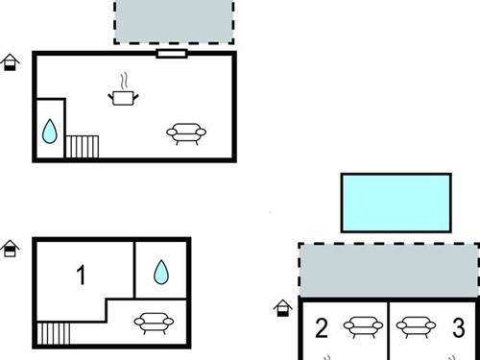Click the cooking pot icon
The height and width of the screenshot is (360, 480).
tap(123, 93)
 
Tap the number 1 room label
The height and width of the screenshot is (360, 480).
tap(82, 275)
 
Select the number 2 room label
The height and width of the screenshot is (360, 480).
tap(322, 328)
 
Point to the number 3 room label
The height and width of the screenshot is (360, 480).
tap(459, 327)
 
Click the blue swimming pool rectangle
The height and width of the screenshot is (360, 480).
tap(396, 203)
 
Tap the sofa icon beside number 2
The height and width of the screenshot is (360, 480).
tap(363, 327)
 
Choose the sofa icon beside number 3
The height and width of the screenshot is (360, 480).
tap(416, 327)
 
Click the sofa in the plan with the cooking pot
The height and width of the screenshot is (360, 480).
tap(186, 134)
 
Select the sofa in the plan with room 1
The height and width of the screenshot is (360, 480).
tap(154, 324)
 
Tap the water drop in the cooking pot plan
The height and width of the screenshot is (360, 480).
tap(50, 132)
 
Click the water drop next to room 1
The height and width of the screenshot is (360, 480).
tap(161, 273)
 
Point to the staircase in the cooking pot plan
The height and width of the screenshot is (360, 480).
tap(82, 147)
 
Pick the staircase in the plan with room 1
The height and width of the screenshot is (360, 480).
tap(54, 333)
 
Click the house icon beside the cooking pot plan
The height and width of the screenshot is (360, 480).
tap(10, 62)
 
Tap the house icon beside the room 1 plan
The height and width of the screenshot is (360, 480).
tap(10, 249)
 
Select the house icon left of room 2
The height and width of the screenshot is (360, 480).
tap(283, 308)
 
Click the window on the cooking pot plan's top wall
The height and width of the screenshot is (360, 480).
tap(172, 54)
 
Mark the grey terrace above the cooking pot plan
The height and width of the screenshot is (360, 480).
tap(174, 21)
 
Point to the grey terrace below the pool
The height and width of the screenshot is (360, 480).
tap(389, 271)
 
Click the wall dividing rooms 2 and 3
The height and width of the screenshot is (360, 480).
tap(388, 330)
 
